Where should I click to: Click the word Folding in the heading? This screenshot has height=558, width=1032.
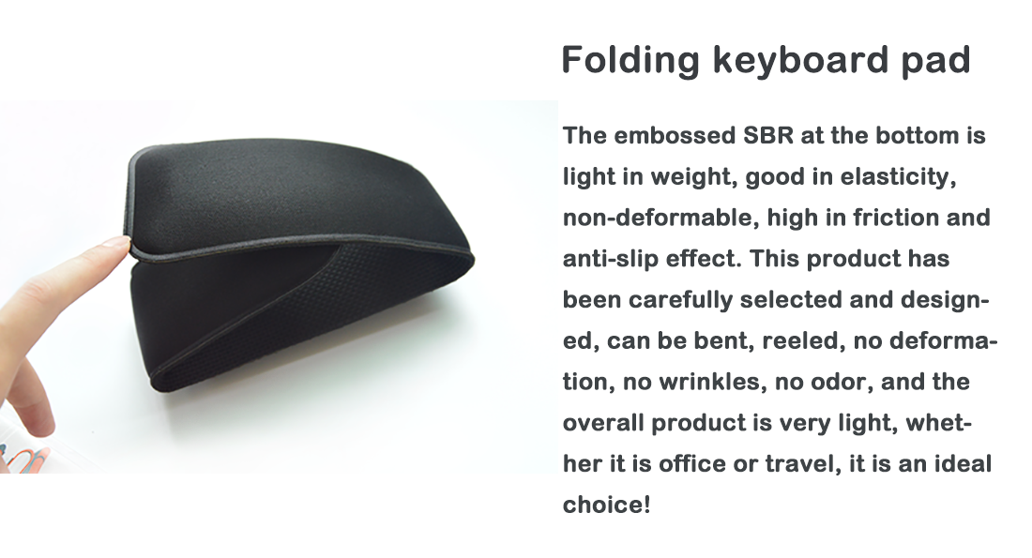(630, 61)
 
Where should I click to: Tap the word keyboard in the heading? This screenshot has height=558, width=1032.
(799, 61)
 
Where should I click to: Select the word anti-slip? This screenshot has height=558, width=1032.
(610, 259)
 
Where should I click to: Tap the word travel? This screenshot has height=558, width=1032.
(802, 464)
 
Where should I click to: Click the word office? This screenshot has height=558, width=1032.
(691, 464)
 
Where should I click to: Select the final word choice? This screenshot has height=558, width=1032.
(606, 505)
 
